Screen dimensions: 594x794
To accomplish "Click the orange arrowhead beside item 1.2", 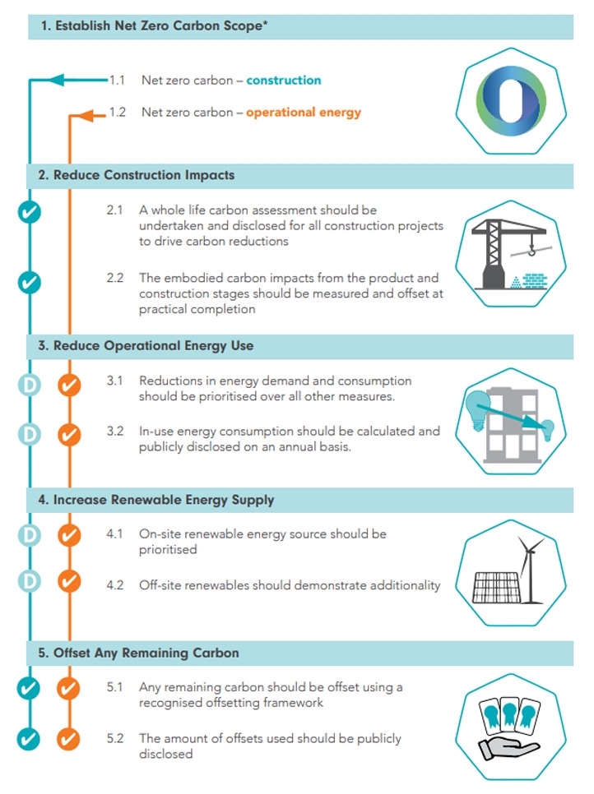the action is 86,116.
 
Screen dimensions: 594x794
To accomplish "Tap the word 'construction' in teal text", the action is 284,80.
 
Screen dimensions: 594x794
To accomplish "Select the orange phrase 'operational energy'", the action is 304,113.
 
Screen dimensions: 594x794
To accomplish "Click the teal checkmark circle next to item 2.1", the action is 30,212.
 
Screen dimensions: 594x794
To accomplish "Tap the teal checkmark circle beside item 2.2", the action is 30,282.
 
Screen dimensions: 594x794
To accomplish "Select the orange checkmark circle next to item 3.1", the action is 69,385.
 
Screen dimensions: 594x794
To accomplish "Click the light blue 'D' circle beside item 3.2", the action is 30,435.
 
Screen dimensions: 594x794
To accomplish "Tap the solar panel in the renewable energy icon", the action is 495,588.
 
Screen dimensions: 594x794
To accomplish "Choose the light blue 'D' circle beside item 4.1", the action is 30,535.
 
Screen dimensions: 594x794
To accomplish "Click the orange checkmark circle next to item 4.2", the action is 69,581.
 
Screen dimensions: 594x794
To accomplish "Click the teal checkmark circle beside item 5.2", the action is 28,739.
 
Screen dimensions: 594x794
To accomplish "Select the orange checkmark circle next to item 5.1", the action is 68,689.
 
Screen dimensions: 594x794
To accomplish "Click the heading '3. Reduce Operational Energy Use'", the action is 146,346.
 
